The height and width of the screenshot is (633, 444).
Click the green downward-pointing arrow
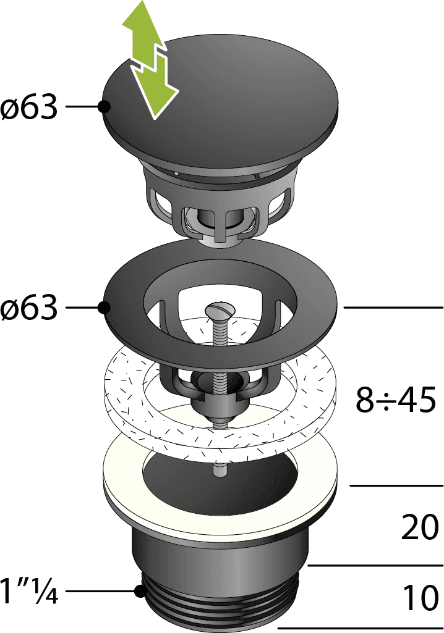(x=155, y=87)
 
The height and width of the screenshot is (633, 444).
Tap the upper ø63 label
(x=28, y=107)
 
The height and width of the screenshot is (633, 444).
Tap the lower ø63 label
(x=28, y=308)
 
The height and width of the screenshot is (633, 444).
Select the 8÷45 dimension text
(x=396, y=400)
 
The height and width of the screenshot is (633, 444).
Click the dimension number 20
(x=420, y=527)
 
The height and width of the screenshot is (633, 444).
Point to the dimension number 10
(x=421, y=597)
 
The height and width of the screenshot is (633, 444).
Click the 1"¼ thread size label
(x=29, y=591)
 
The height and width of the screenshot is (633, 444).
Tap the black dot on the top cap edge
(x=105, y=107)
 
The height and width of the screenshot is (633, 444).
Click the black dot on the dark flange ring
(x=105, y=308)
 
